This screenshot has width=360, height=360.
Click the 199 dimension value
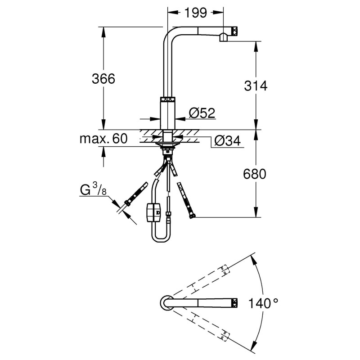point(196,13)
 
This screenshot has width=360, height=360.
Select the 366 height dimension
point(103,79)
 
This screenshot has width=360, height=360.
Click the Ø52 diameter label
point(202,112)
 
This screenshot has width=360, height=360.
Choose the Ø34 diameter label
point(227,141)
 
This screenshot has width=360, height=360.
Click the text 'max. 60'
point(103,138)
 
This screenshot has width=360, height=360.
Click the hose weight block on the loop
point(153,211)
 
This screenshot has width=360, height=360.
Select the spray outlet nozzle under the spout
point(223,38)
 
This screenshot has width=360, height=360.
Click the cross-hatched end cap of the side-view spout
point(234,31)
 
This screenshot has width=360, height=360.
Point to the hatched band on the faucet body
point(167,100)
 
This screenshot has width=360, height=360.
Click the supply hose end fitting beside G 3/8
point(128,202)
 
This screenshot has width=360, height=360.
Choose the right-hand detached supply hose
point(186,200)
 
